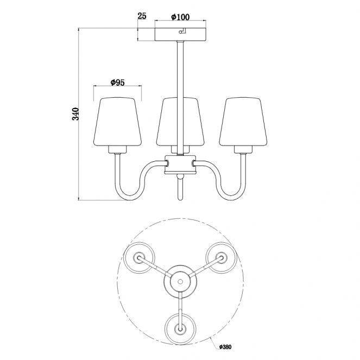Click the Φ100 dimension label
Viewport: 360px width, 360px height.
tap(180, 17)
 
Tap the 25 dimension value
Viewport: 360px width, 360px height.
tap(142, 16)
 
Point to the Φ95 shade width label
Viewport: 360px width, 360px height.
tap(117, 82)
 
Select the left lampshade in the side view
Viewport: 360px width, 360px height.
tap(117, 122)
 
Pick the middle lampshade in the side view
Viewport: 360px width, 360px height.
tap(180, 122)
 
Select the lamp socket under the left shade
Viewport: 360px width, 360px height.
tap(118, 149)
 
